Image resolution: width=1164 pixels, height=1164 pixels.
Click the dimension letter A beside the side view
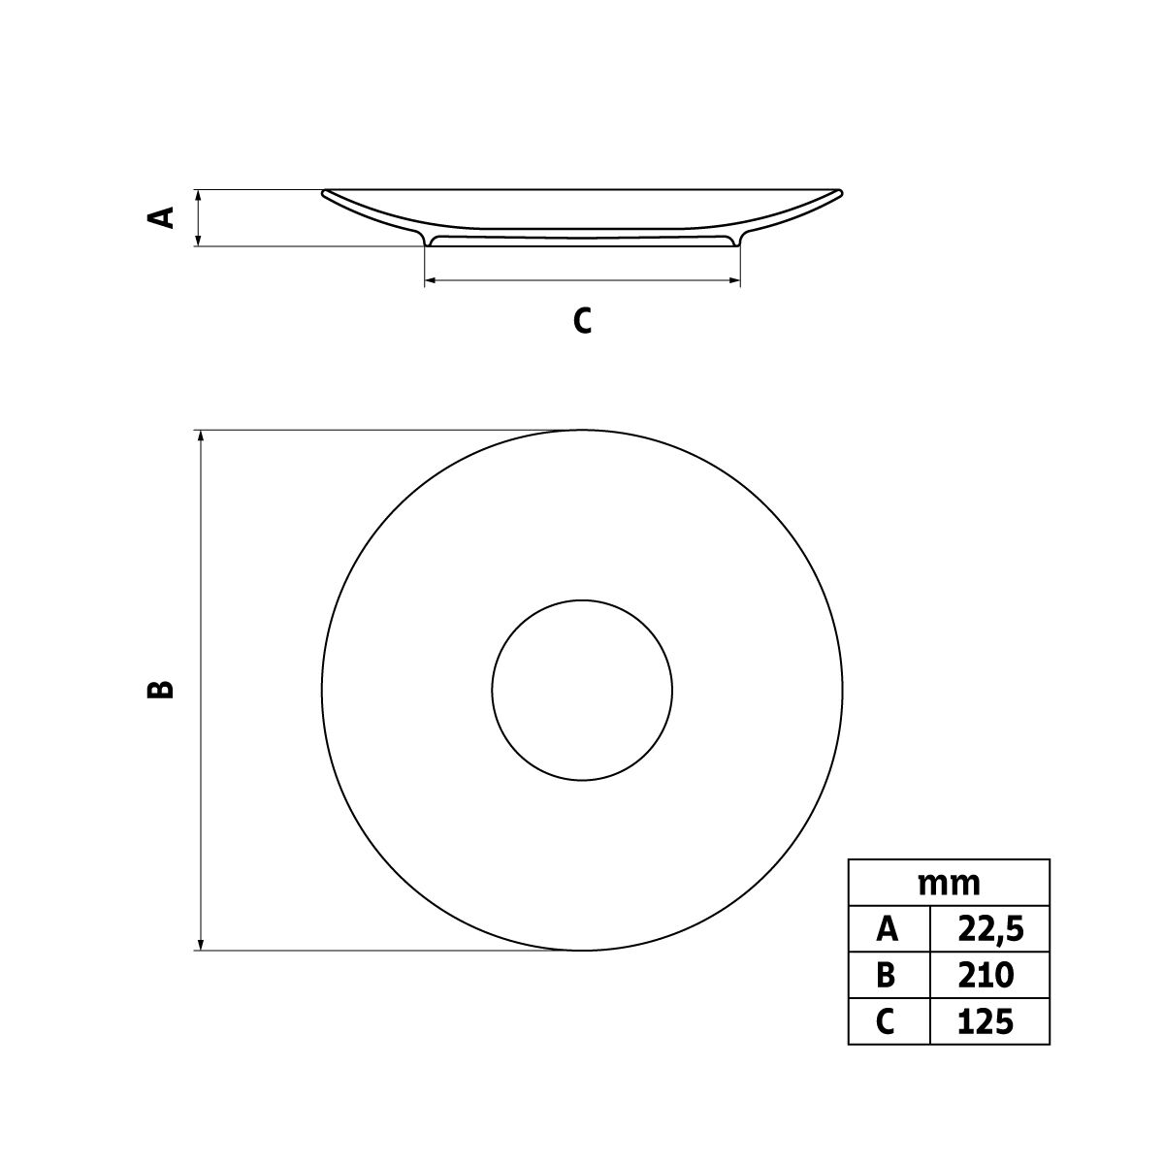tap(161, 217)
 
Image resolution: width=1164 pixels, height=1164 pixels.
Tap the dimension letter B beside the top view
tap(161, 690)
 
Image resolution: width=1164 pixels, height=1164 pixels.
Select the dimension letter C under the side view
tap(582, 320)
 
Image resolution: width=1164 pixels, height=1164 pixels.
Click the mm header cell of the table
tap(949, 885)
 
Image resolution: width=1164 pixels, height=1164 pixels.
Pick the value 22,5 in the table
tap(991, 931)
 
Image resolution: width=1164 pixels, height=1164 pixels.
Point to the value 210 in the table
tap(986, 976)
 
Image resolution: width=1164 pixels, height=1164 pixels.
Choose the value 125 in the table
tap(986, 1021)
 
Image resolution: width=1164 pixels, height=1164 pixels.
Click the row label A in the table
tap(888, 930)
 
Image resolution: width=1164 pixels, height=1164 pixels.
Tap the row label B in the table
tap(887, 976)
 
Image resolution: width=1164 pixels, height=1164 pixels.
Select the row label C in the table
tap(886, 1021)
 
